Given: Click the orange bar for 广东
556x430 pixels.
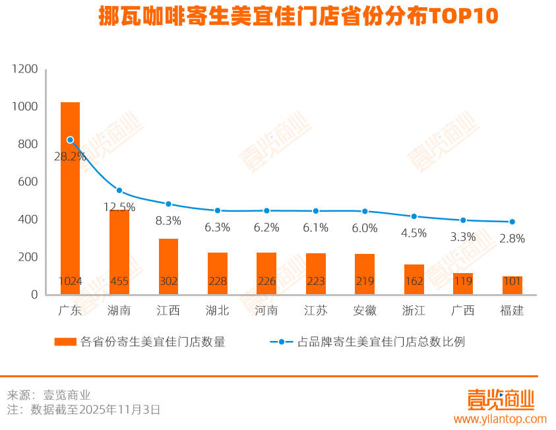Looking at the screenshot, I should [70, 198].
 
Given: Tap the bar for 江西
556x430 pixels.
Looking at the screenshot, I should [168, 264].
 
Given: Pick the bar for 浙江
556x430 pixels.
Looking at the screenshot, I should [414, 277].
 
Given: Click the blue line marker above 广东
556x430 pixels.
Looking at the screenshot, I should [70, 140].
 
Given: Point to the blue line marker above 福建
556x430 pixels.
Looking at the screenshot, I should [512, 222].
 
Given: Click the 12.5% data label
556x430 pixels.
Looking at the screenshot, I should [119, 207].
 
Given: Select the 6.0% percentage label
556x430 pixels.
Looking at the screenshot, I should [365, 228].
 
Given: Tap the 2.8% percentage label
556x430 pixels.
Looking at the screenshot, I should [512, 239].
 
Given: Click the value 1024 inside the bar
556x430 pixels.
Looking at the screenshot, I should [70, 282].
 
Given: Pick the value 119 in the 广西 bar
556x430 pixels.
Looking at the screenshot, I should [463, 282].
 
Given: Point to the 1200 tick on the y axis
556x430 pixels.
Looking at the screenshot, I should [25, 69].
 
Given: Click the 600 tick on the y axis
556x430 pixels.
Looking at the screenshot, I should [28, 182].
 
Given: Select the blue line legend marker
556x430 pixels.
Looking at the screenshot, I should [282, 342].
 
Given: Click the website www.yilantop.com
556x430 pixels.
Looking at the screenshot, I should [499, 419].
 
